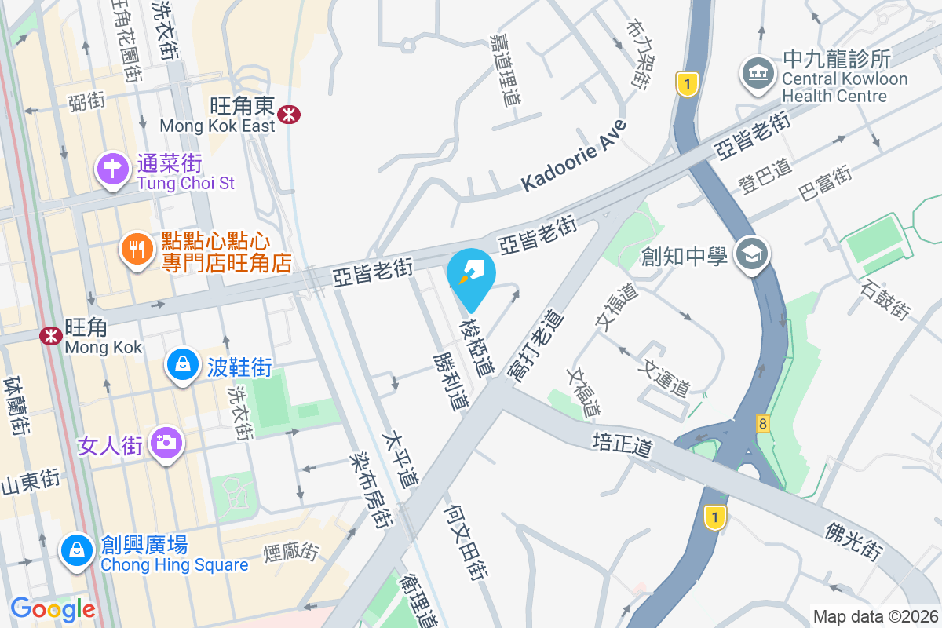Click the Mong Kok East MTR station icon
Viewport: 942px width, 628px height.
click(x=290, y=115)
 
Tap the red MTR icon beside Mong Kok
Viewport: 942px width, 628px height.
click(x=52, y=336)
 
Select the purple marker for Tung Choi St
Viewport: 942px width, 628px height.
click(x=111, y=169)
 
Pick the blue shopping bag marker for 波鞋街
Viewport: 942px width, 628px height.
click(x=182, y=365)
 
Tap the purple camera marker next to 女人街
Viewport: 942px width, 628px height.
click(x=166, y=444)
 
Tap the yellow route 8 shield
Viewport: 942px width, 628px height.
click(x=763, y=424)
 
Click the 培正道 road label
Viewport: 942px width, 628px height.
click(x=623, y=443)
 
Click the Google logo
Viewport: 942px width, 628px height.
click(x=53, y=608)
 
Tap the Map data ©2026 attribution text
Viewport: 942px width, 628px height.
click(x=874, y=616)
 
